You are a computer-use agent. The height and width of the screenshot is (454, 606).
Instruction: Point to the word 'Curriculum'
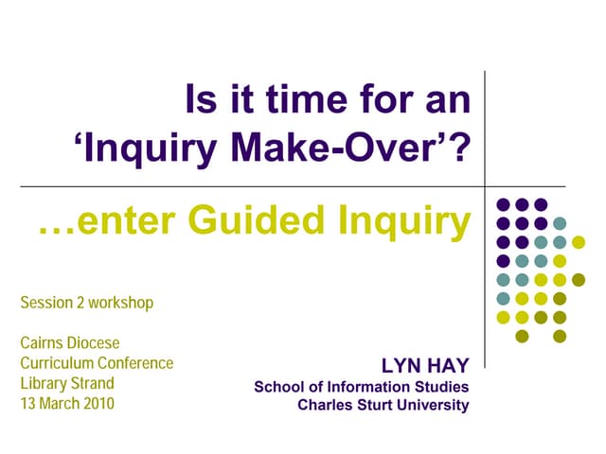coord(57,363)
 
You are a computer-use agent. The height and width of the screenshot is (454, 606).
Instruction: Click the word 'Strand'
coord(92,383)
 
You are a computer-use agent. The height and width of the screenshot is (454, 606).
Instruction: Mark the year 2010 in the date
coord(98,404)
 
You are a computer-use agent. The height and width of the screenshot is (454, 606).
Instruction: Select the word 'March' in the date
coord(59,404)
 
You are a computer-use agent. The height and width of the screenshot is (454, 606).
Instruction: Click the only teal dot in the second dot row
coord(560,223)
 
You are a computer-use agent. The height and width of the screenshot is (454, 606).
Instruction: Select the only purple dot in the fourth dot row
coord(503,261)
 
